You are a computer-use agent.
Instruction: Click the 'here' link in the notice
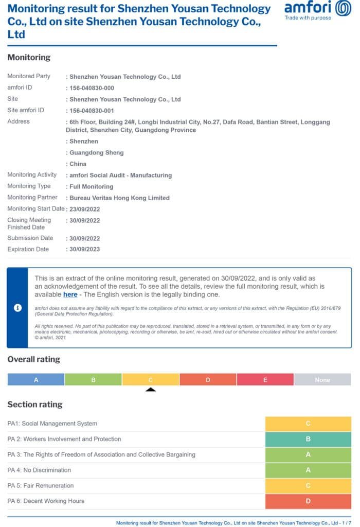[70, 294]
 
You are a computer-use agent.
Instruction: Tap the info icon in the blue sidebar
[17, 308]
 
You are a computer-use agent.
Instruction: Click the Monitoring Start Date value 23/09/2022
[84, 209]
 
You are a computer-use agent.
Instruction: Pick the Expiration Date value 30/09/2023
[84, 250]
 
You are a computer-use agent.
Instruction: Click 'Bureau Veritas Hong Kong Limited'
[119, 198]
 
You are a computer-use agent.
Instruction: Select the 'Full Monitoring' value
[91, 187]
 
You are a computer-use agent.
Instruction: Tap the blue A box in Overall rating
[36, 380]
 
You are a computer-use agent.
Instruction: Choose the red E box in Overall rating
[265, 380]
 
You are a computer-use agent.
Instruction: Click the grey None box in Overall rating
[322, 380]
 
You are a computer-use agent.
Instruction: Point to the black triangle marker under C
[151, 390]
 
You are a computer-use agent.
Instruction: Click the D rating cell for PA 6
[308, 501]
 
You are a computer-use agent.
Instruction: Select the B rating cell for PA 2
[308, 440]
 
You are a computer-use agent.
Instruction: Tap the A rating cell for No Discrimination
[308, 470]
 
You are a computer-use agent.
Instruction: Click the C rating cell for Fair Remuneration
[308, 486]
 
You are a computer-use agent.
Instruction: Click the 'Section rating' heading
[34, 405]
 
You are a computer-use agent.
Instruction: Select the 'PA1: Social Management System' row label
[52, 424]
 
